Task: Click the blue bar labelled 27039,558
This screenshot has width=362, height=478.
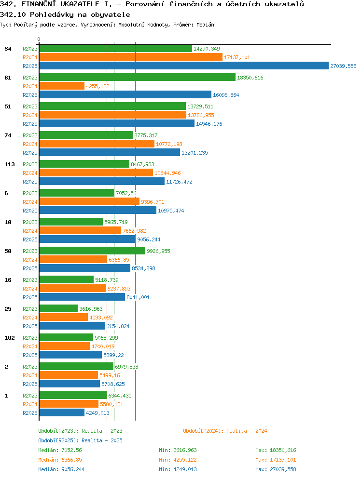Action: click(x=184, y=66)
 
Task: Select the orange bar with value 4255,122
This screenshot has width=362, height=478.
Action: click(x=62, y=86)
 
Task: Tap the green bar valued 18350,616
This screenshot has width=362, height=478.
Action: click(x=138, y=78)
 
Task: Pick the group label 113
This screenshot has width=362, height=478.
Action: click(x=10, y=164)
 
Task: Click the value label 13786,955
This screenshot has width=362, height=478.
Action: click(x=201, y=115)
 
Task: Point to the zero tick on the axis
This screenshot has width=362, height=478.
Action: click(x=39, y=40)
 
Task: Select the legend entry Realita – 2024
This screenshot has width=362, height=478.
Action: click(x=225, y=431)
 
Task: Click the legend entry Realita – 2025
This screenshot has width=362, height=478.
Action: click(x=80, y=440)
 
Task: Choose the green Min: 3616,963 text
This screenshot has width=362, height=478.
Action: click(x=178, y=450)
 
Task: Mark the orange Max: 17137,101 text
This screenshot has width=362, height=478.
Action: click(x=276, y=460)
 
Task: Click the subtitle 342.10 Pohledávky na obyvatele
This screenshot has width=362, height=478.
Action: click(x=65, y=14)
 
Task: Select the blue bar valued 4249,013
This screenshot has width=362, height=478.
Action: click(x=62, y=413)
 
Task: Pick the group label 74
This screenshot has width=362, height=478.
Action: click(x=8, y=135)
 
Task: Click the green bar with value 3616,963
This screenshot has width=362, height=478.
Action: click(x=59, y=308)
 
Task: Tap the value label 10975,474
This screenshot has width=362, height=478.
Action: click(x=171, y=211)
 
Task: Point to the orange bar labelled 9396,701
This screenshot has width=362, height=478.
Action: click(x=89, y=201)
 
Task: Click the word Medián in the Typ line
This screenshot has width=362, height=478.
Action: click(x=205, y=25)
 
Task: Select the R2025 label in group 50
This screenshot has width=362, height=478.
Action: click(x=30, y=268)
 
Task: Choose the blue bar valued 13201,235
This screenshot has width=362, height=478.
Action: click(x=110, y=152)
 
